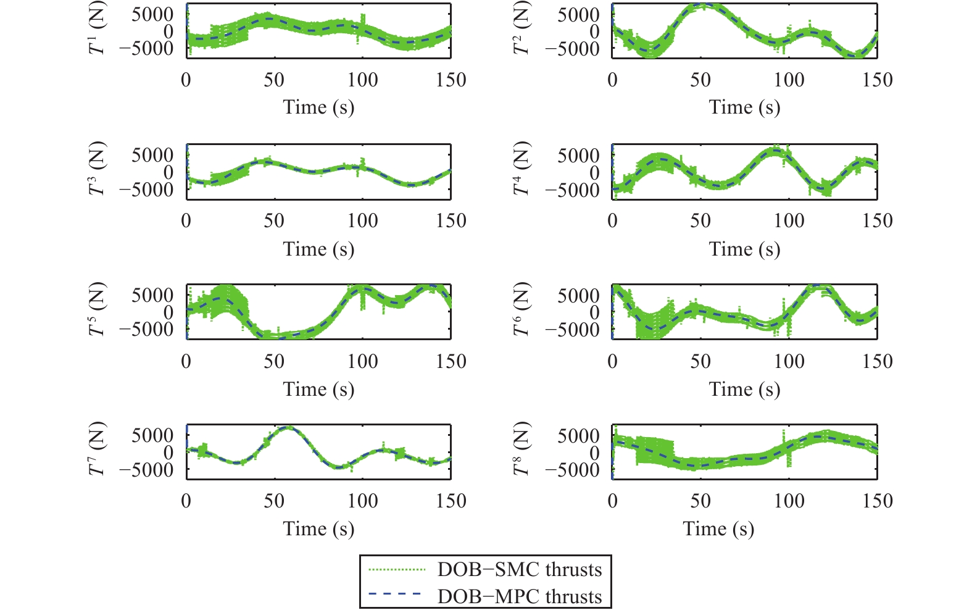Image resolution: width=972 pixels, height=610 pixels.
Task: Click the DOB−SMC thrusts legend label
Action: click(x=519, y=569)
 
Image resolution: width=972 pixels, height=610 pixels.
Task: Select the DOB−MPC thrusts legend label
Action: click(x=519, y=596)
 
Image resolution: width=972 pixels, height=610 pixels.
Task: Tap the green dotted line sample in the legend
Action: click(x=397, y=569)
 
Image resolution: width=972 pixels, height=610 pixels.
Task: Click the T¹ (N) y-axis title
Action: click(x=98, y=28)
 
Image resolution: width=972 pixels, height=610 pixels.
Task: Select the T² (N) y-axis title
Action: click(x=522, y=28)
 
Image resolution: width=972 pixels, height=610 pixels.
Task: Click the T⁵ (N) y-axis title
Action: click(x=98, y=309)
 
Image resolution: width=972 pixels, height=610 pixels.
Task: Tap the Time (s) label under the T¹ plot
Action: click(x=318, y=107)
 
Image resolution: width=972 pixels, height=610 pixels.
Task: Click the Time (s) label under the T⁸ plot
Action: click(x=718, y=529)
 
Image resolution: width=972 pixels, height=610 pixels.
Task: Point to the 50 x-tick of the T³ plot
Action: click(x=274, y=221)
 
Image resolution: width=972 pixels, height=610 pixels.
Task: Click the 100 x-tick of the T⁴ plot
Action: click(x=789, y=221)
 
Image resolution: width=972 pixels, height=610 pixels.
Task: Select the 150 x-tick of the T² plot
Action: click(x=877, y=80)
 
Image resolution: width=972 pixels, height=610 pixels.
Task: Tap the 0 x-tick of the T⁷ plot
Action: click(x=186, y=501)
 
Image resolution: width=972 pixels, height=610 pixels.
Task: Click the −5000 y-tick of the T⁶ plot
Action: click(x=572, y=330)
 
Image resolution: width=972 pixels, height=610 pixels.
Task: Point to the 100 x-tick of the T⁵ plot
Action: click(x=362, y=361)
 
